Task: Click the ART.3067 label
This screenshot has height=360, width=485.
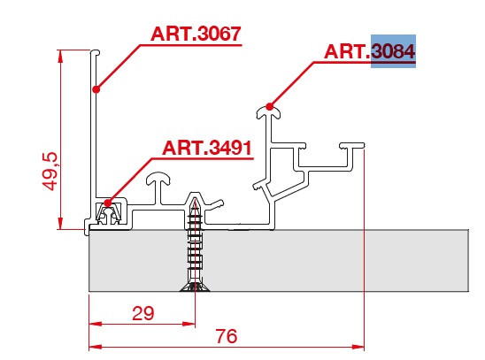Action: pos(196,34)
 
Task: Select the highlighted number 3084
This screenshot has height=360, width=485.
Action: pos(393,51)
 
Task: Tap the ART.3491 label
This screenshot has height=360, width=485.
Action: pos(206,148)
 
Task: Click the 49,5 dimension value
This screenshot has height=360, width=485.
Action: pos(50,171)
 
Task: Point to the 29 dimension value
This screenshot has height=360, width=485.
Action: pos(142,313)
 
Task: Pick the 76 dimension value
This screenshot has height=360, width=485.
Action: pos(227,336)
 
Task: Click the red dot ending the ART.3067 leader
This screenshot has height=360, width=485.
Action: pos(96,89)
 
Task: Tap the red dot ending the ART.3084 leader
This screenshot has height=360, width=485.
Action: pos(270,107)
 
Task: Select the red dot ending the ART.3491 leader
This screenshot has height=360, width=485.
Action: pos(107,203)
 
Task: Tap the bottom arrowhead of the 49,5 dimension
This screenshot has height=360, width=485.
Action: pos(60,223)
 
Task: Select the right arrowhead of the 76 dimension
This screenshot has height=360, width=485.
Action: pos(358,347)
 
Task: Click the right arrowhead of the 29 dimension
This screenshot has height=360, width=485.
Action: pos(189,324)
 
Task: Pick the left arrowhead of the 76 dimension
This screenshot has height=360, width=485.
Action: pos(96,347)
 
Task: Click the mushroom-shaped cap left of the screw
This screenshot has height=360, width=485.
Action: pos(158,179)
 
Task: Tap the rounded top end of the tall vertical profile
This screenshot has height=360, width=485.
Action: pos(96,52)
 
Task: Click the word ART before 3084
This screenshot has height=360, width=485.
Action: pos(345,51)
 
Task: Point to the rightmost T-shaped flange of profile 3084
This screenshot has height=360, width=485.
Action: pos(352,146)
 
